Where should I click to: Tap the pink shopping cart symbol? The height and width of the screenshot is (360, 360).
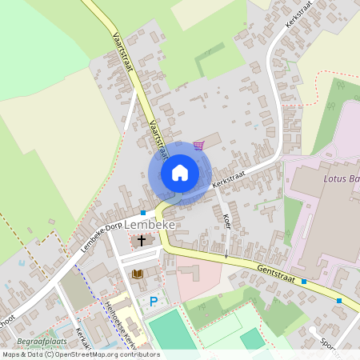pos(198,145)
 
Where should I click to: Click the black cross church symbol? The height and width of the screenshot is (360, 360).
pos(142,240)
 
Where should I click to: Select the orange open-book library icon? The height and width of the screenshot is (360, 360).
pos(137,274)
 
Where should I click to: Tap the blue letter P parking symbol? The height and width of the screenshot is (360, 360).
pos(154,301)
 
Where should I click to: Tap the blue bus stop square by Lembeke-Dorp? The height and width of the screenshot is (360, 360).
pos(142,213)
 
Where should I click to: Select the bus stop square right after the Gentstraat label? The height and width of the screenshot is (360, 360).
pos(304,282)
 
